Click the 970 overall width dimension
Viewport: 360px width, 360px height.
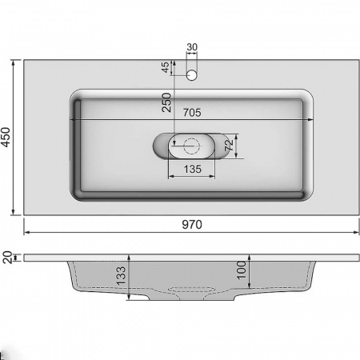coord(190,225)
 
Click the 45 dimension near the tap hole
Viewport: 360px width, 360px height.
coord(166,67)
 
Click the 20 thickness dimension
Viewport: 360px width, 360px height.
coord(7,257)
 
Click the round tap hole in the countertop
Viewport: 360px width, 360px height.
coord(191,77)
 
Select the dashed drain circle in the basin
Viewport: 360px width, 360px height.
coord(191,146)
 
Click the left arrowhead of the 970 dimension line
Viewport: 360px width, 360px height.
coord(26,233)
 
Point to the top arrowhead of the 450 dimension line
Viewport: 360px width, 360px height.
coord(15,61)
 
